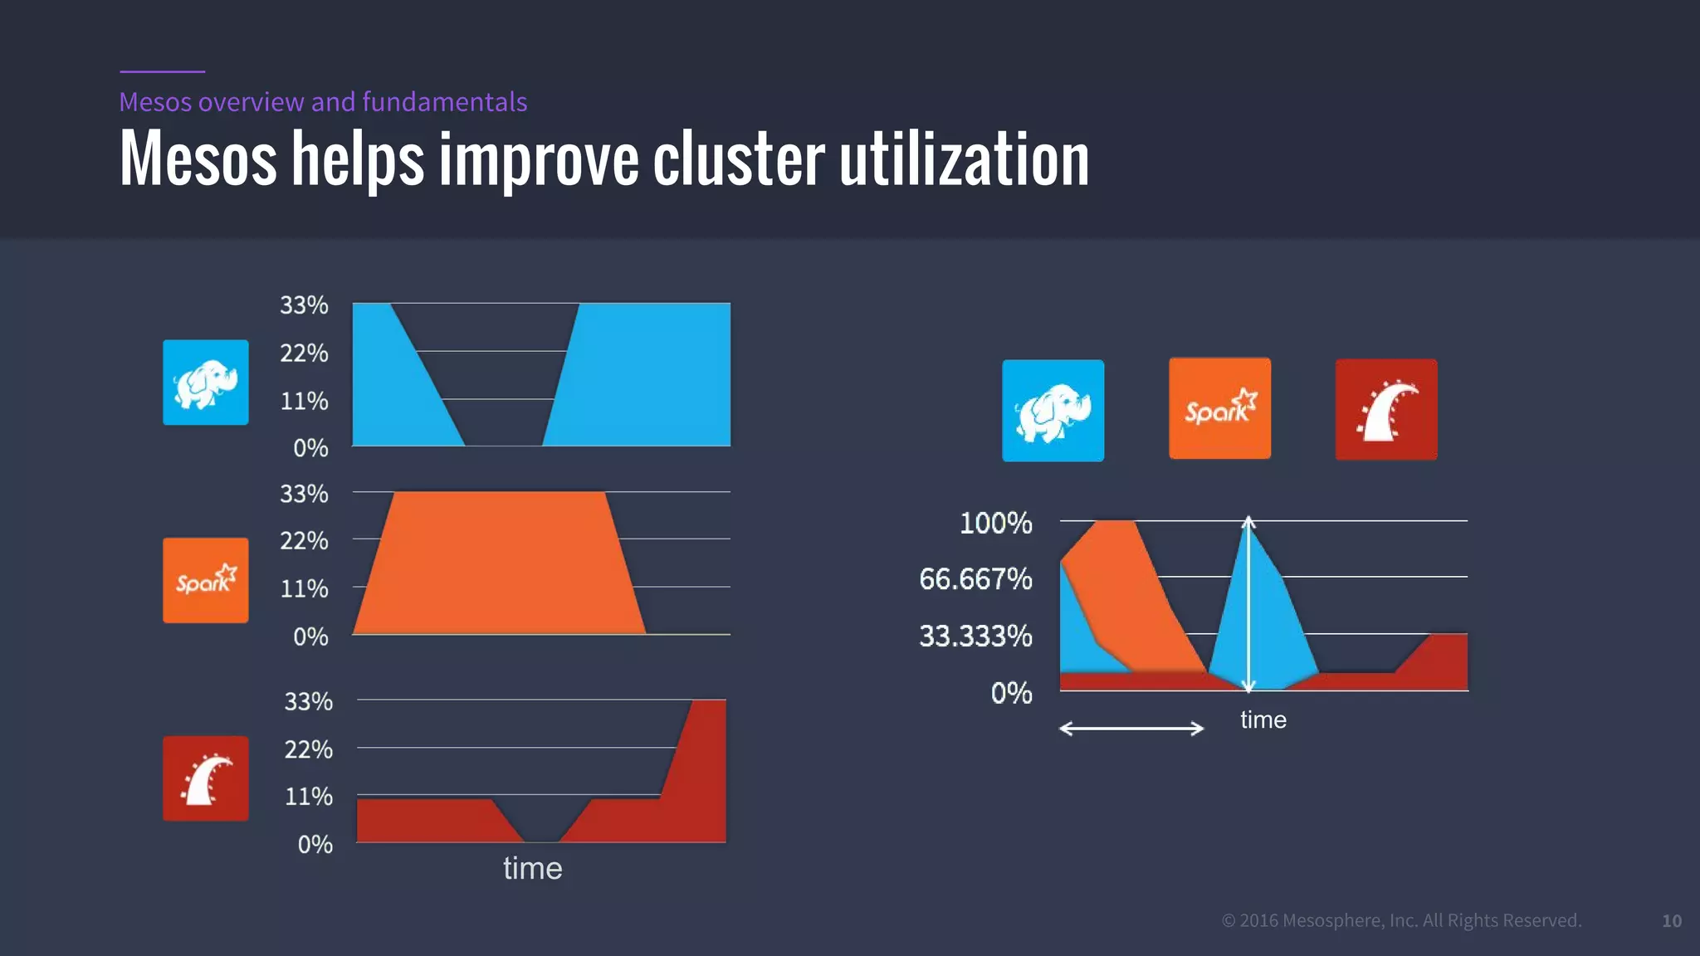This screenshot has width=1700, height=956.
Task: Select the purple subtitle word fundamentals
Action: tap(444, 101)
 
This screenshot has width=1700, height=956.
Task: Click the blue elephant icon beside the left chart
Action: tap(205, 383)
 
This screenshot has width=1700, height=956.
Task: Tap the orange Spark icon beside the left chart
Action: tap(205, 580)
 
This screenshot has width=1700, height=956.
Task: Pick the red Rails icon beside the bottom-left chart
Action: tap(205, 778)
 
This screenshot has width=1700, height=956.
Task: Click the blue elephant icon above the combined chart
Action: tap(1053, 411)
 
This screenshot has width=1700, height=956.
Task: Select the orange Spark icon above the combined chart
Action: tap(1219, 408)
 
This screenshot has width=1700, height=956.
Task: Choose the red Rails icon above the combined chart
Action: tap(1385, 409)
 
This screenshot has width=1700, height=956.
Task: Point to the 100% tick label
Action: tap(995, 523)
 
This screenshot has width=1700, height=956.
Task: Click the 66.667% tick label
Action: tap(975, 579)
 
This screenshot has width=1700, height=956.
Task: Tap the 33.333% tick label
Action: tap(975, 636)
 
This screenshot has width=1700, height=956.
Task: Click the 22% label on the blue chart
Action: tap(304, 354)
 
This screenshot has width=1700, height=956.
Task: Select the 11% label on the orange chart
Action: tap(304, 589)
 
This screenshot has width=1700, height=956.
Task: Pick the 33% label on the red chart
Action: tap(308, 702)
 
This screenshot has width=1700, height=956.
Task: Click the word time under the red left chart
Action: tap(532, 868)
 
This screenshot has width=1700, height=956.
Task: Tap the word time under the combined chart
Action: tap(1263, 719)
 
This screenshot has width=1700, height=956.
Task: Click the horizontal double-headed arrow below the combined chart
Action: tap(1131, 729)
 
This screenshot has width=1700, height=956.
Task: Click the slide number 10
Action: tap(1671, 920)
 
